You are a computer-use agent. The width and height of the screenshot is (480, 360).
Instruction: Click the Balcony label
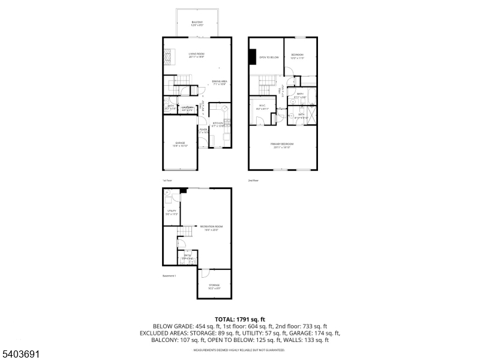(197, 23)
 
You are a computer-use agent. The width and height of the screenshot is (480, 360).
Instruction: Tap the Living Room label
(196, 55)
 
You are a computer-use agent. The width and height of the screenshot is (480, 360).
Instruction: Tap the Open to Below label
(269, 58)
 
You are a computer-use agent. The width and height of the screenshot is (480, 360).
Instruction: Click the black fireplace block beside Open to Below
(252, 56)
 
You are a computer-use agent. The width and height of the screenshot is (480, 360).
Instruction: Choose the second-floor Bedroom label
(298, 56)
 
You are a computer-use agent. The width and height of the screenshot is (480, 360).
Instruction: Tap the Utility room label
(172, 212)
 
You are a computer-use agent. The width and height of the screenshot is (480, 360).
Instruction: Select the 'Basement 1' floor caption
(169, 276)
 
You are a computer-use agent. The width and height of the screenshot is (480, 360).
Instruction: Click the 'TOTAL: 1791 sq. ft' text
(240, 319)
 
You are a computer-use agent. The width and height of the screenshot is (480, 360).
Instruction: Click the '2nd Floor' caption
(253, 180)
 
